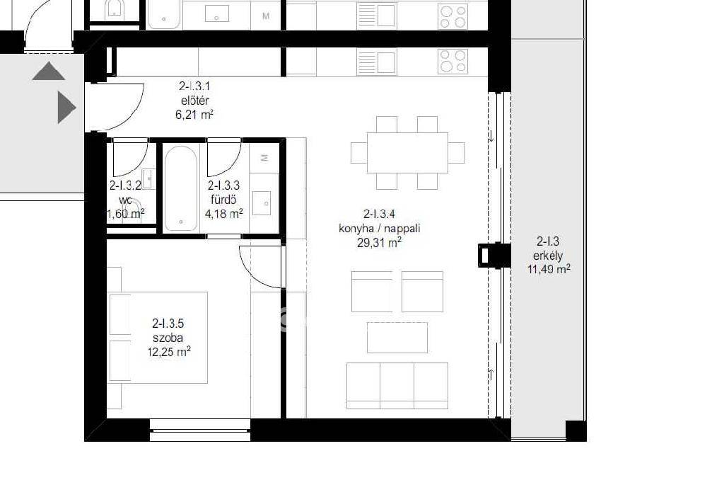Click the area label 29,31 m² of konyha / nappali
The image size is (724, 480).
tap(379, 242)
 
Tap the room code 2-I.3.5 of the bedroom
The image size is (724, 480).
tap(168, 324)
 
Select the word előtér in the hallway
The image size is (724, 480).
tap(195, 101)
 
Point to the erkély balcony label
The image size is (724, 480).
tap(548, 256)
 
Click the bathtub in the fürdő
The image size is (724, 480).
tap(180, 188)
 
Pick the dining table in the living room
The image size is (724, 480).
tap(407, 153)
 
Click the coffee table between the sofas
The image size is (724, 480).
tap(397, 338)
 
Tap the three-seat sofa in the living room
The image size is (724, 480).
tap(397, 386)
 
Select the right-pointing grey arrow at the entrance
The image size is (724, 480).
tap(66, 108)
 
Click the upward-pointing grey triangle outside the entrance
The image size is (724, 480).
tap(49, 72)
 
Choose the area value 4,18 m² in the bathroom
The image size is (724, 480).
tap(224, 214)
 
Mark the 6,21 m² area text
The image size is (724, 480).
tap(194, 114)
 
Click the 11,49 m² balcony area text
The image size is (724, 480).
tap(549, 268)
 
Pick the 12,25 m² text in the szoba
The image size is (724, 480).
tap(169, 352)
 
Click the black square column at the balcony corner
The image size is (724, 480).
tap(576, 430)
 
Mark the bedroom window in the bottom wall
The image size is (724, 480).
tap(200, 430)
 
